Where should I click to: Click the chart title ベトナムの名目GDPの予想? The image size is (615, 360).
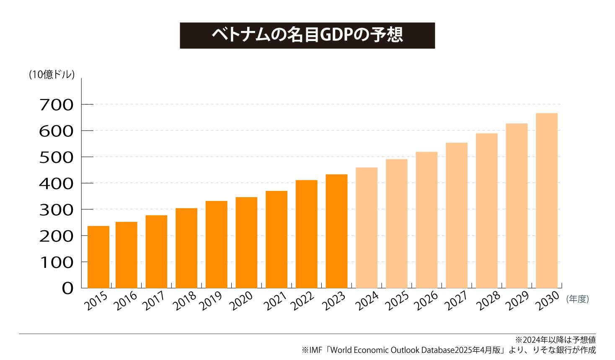pyautogui.click(x=307, y=36)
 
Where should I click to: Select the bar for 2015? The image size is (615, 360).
pyautogui.click(x=98, y=257)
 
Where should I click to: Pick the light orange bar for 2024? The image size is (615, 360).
pyautogui.click(x=366, y=228)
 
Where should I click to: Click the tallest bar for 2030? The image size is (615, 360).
pyautogui.click(x=546, y=201)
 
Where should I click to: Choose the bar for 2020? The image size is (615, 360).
pyautogui.click(x=246, y=242)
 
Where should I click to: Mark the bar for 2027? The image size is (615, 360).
pyautogui.click(x=456, y=215)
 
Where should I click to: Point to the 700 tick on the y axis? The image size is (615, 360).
pyautogui.click(x=56, y=105)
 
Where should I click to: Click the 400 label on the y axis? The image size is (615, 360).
pyautogui.click(x=56, y=183)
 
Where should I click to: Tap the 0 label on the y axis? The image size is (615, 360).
pyautogui.click(x=67, y=288)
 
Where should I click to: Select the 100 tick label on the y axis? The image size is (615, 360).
pyautogui.click(x=56, y=262)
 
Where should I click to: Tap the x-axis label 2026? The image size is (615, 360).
pyautogui.click(x=426, y=301)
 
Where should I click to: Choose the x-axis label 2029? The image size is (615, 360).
pyautogui.click(x=517, y=301)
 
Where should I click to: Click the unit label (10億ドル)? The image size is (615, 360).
pyautogui.click(x=52, y=75)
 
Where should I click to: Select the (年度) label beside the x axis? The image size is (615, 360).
pyautogui.click(x=577, y=299)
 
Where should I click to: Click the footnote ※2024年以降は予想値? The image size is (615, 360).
pyautogui.click(x=555, y=339)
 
